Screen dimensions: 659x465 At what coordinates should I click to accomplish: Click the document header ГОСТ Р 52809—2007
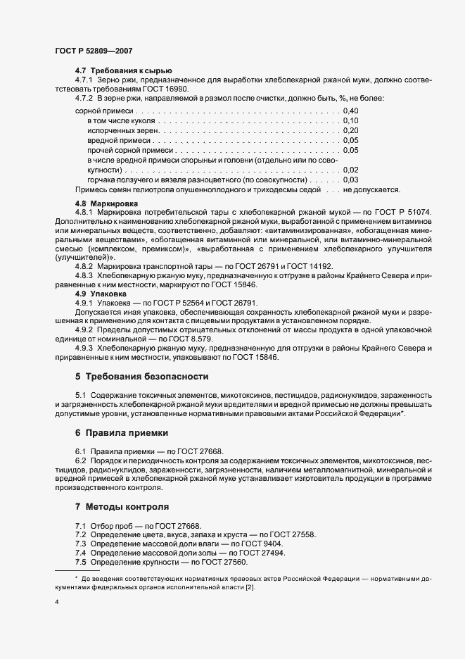93,51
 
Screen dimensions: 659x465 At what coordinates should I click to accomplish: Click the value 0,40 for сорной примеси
350,111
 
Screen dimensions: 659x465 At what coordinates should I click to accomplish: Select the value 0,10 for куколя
350,121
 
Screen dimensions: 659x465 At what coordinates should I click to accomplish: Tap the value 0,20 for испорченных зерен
350,131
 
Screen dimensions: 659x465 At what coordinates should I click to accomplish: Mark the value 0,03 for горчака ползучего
350,180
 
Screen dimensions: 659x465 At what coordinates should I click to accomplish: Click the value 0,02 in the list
350,170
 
